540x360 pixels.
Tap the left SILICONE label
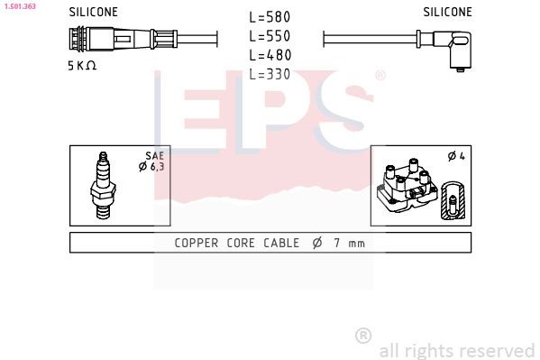coord(94,13)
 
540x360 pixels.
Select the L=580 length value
coord(269,17)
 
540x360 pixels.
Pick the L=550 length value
coord(269,36)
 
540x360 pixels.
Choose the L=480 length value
coord(269,55)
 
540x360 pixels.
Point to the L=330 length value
coord(269,74)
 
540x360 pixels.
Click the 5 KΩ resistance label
coord(82,66)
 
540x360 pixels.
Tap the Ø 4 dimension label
coord(456,157)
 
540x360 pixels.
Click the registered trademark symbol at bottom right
coord(363,336)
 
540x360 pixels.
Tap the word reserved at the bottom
coord(496,350)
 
